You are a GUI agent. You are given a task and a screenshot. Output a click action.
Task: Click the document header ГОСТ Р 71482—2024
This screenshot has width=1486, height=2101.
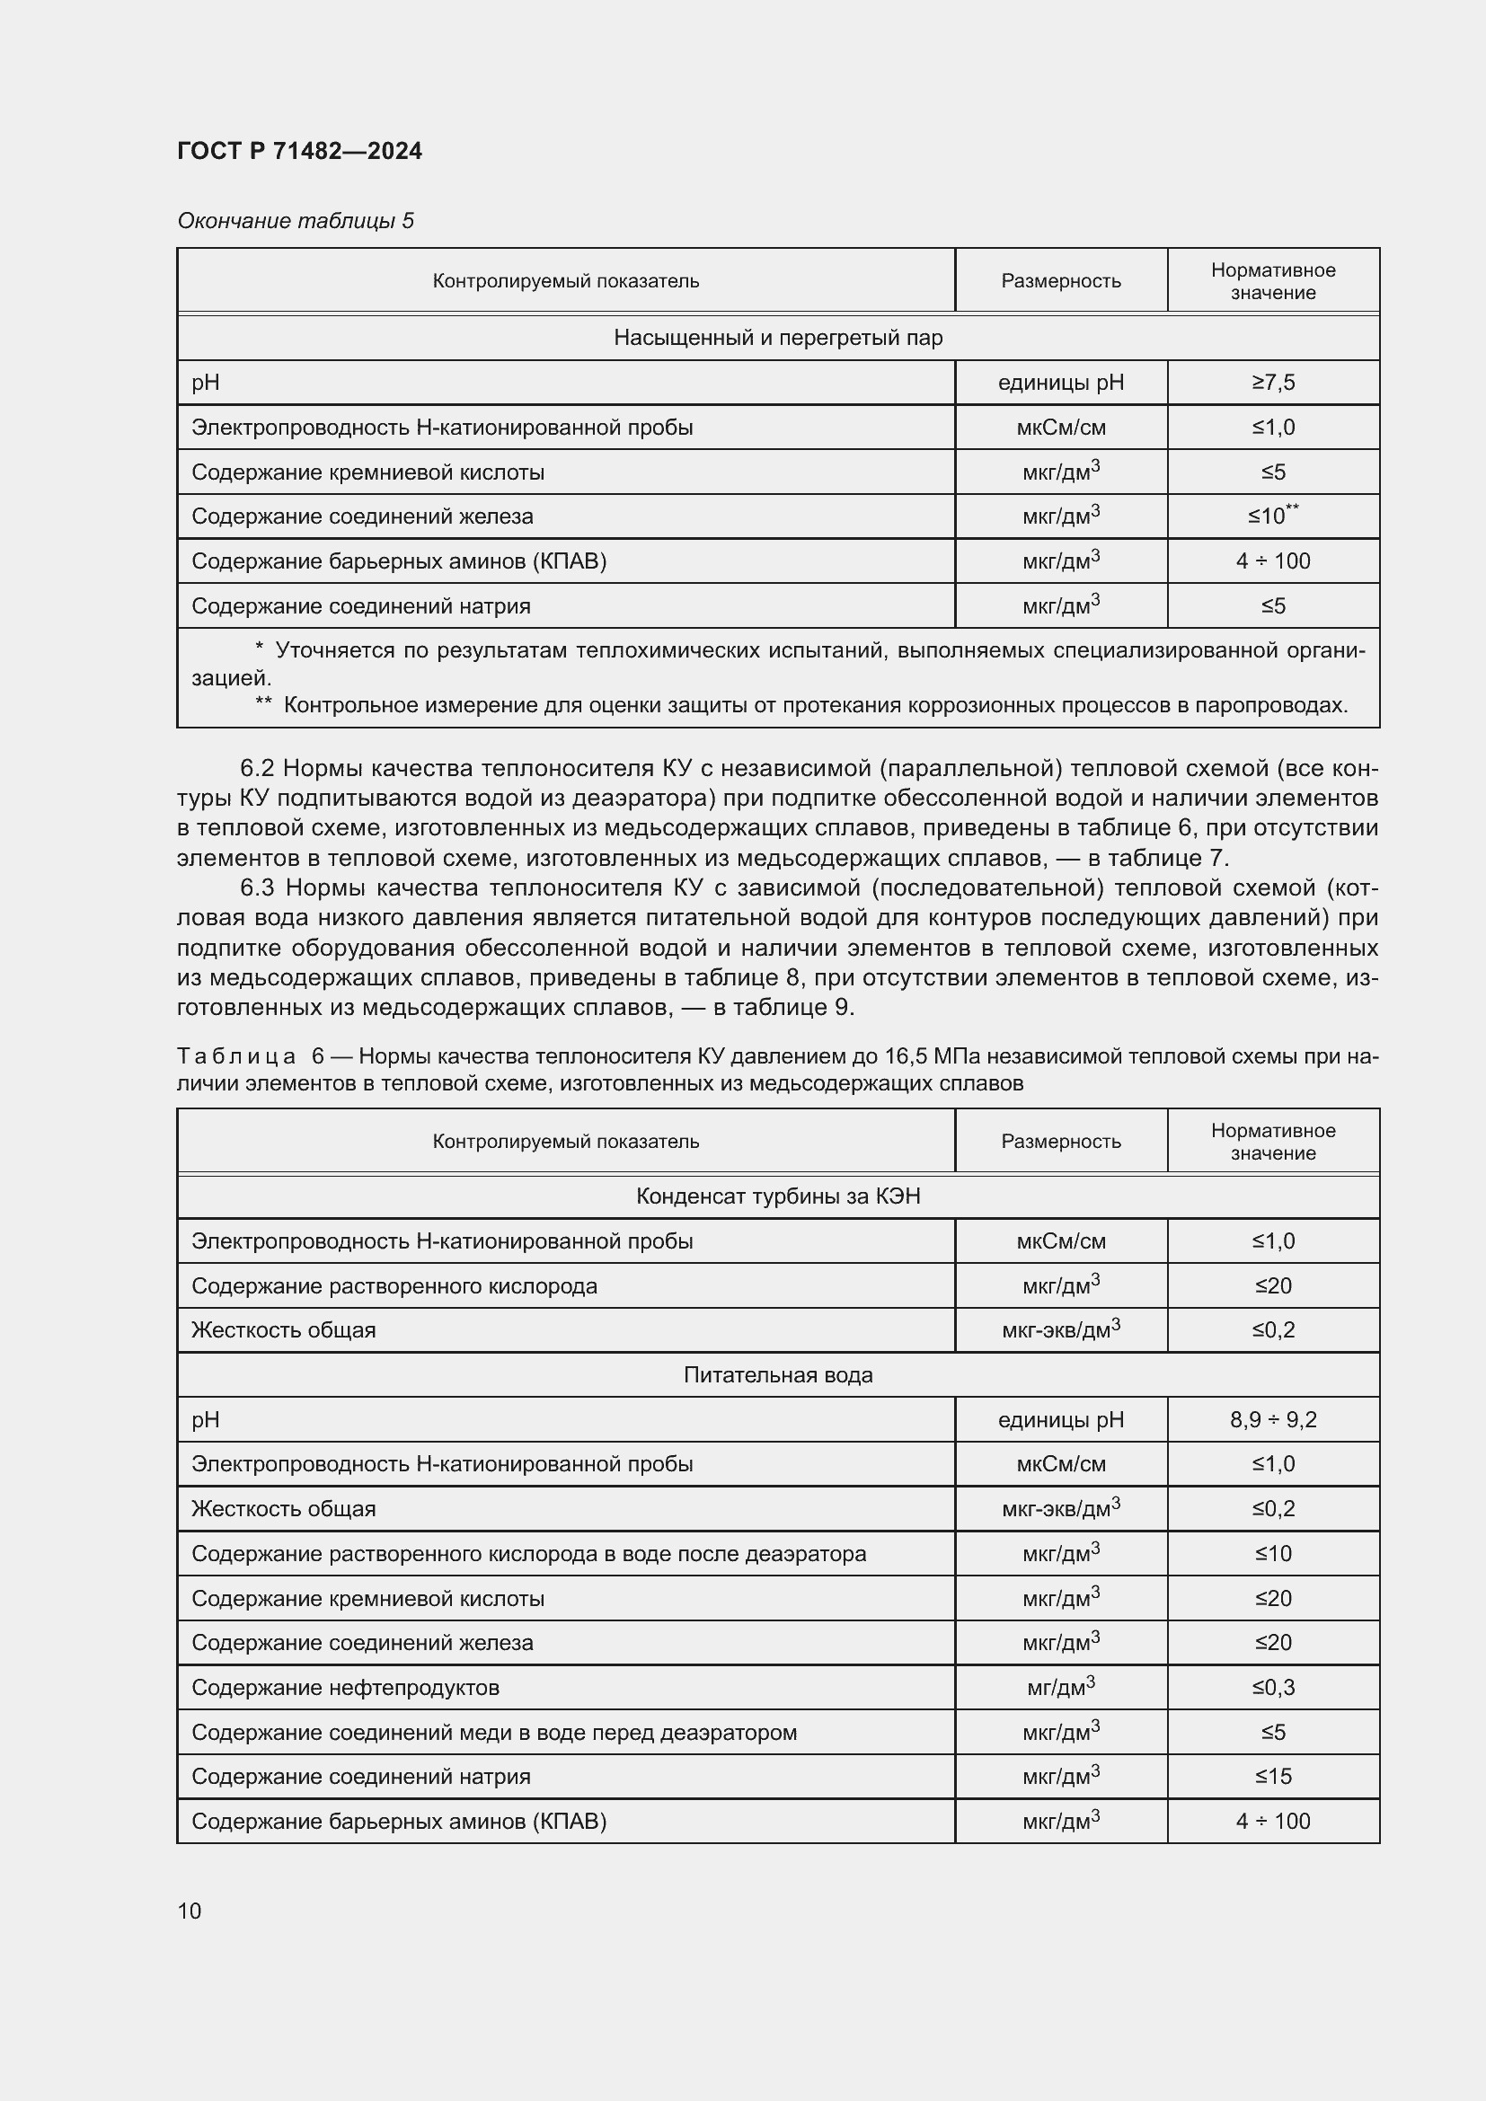[299, 151]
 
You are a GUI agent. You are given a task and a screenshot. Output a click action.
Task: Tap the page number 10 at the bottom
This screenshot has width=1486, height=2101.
[190, 1911]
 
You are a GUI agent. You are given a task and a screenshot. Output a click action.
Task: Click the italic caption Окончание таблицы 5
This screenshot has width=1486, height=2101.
[296, 221]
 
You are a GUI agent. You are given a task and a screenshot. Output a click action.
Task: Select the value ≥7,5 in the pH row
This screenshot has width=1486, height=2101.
[1273, 383]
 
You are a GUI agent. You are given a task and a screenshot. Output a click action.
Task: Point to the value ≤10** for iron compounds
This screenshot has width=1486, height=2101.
[1273, 516]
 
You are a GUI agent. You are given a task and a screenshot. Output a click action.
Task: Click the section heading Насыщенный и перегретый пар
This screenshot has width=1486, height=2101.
[778, 338]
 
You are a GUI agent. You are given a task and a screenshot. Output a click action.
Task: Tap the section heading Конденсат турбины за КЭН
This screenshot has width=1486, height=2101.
[778, 1196]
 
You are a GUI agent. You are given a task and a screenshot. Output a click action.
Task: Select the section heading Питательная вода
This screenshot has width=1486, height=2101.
[778, 1375]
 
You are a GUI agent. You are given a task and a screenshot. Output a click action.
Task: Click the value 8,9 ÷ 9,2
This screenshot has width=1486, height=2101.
[1273, 1420]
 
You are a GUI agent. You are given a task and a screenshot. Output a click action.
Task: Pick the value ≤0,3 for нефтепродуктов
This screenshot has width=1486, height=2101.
[1273, 1688]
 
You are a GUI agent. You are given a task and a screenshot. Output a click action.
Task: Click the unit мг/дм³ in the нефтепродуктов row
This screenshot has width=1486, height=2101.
[1060, 1688]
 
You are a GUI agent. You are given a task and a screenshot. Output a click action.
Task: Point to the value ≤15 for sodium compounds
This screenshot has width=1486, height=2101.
[1273, 1776]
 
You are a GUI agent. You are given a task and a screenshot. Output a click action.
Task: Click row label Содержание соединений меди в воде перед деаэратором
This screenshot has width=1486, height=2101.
[494, 1732]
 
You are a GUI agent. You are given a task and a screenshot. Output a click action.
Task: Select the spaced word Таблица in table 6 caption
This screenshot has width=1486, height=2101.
[237, 1057]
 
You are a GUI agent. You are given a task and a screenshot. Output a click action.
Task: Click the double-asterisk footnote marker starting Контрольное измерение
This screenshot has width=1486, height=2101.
[263, 705]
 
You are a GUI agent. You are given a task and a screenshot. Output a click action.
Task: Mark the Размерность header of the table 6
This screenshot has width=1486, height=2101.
[1060, 1141]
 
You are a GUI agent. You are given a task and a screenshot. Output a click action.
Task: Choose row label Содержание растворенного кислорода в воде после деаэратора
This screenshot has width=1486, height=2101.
[529, 1554]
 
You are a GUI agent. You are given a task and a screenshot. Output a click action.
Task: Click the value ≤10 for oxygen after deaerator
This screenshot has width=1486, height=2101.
[1273, 1554]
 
